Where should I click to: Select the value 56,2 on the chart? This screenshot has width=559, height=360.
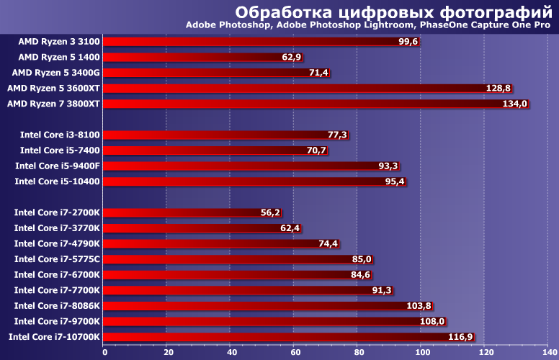[x=270, y=212]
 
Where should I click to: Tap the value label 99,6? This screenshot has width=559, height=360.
[x=408, y=42]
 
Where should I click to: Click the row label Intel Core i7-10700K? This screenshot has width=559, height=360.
[x=55, y=337]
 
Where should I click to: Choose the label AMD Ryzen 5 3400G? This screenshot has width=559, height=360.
[x=56, y=73]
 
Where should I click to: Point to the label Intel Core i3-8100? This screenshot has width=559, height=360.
[x=60, y=135]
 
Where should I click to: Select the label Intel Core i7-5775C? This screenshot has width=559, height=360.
[x=58, y=259]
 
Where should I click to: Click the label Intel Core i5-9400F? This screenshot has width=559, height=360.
[x=58, y=166]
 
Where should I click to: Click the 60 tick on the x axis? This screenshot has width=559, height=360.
[x=295, y=352]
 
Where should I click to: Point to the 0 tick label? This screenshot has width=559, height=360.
[x=104, y=352]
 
